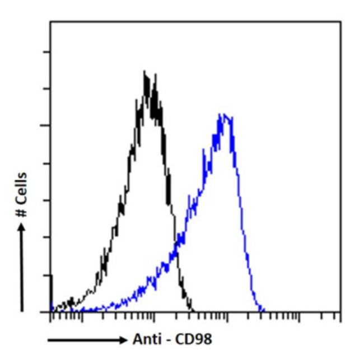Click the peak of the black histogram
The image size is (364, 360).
[145, 72]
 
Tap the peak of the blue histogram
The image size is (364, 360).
[223, 114]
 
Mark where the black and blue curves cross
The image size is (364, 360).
[178, 242]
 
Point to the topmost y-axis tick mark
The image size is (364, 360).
[47, 52]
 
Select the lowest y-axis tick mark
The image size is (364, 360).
[47, 275]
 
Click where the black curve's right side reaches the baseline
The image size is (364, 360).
[192, 311]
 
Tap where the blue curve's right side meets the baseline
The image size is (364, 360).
[262, 311]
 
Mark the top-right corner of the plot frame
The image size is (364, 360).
[340, 22]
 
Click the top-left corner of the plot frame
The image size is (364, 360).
[50, 22]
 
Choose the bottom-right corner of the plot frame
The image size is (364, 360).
[340, 312]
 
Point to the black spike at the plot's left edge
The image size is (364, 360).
[52, 291]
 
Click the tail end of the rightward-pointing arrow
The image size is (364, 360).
[48, 340]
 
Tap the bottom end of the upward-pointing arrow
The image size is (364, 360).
[22, 310]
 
